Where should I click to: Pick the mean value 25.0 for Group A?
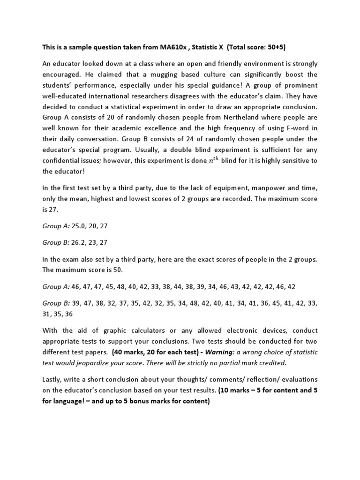point(78,226)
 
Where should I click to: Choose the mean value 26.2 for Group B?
point(78,242)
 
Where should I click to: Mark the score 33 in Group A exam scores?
point(157,286)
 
